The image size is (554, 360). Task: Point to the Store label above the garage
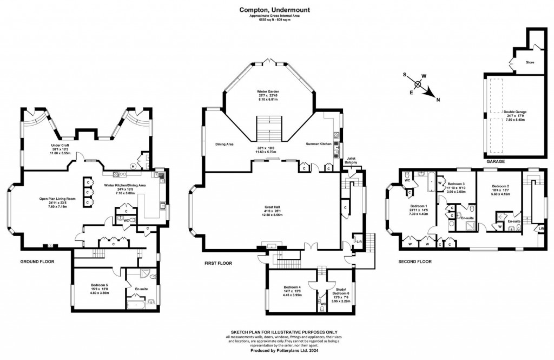530,62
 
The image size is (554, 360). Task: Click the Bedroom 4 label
292,287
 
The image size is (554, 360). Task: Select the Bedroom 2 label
497,185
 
